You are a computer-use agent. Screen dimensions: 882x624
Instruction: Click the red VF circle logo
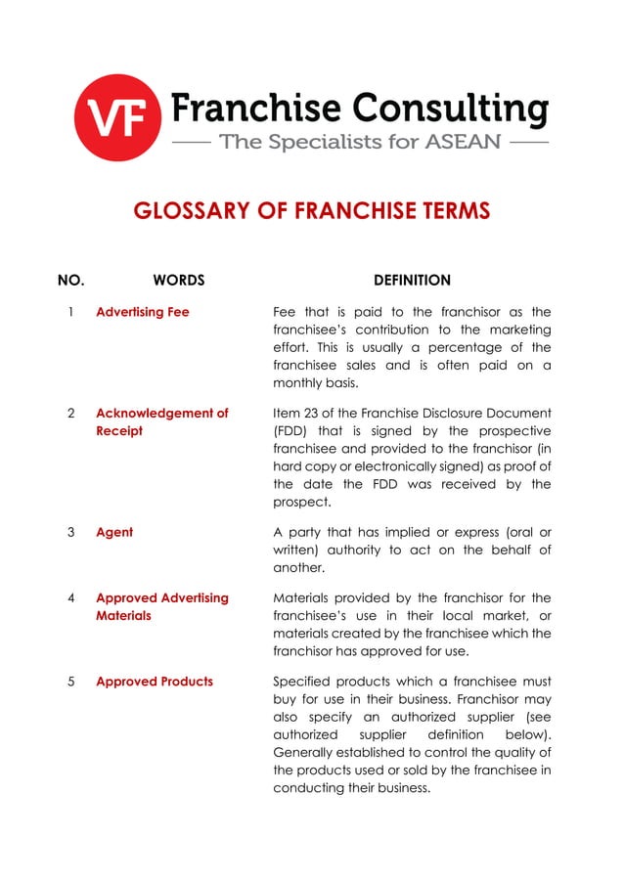tap(116, 117)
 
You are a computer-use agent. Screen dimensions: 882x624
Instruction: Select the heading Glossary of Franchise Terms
tap(311, 211)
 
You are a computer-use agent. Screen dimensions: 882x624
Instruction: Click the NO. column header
tap(71, 281)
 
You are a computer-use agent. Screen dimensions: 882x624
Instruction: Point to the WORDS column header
tap(179, 281)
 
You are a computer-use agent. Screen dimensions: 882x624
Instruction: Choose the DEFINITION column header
tap(412, 281)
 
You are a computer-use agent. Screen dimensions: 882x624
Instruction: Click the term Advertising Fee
tap(143, 313)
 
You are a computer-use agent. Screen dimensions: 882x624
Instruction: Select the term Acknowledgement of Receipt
tap(161, 422)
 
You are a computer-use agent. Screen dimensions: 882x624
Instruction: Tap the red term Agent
tap(114, 533)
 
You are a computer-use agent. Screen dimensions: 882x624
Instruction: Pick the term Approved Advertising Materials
tap(161, 606)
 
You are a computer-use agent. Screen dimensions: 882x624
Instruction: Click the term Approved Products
tap(154, 681)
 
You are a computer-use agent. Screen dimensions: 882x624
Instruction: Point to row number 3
tap(71, 533)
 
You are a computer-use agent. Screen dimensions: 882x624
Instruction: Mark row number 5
tap(71, 681)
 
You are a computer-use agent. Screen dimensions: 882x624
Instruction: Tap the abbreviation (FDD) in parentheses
tap(290, 431)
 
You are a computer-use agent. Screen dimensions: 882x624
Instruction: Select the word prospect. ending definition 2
tap(301, 503)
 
